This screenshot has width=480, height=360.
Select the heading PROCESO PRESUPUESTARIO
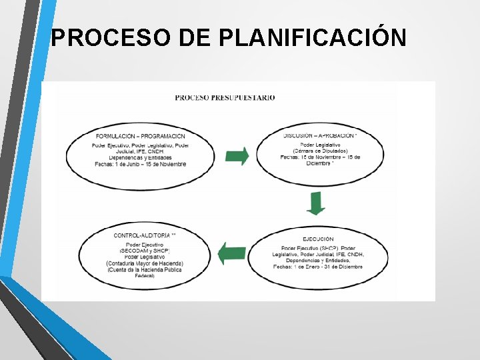point(225,97)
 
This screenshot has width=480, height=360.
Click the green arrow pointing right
point(237,156)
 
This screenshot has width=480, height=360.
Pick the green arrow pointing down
point(316,203)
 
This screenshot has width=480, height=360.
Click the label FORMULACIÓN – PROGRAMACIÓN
point(140,136)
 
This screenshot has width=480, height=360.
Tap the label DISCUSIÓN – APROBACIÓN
point(320,135)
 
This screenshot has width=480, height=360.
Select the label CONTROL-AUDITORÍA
point(145,235)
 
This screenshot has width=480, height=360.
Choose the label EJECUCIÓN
point(318,239)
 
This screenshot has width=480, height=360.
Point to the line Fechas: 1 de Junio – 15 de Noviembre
point(140,164)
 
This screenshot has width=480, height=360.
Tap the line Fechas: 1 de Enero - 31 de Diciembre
point(318,267)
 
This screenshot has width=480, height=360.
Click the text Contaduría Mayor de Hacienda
point(144,263)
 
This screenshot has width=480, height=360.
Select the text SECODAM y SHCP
point(144,251)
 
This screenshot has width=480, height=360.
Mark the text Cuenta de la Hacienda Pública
point(144,270)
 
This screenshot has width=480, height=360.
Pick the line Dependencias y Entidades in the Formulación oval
point(140,157)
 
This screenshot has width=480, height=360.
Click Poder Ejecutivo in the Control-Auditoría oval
point(144,245)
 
